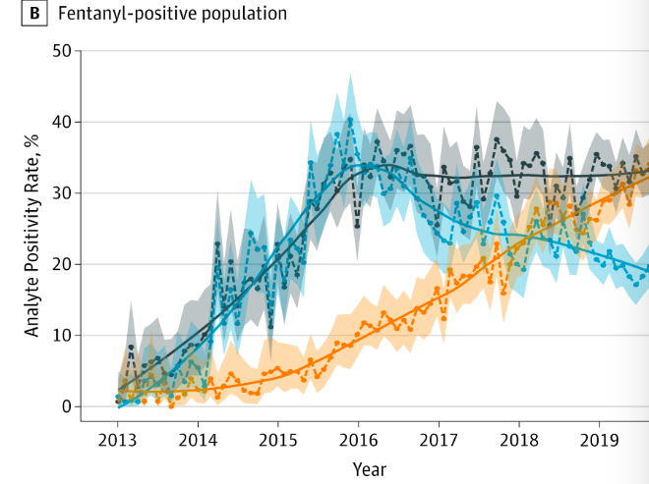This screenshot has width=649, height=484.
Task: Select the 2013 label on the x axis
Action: click(118, 439)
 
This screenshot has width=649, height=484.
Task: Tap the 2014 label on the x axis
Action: click(198, 439)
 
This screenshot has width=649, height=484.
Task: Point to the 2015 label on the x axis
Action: click(278, 439)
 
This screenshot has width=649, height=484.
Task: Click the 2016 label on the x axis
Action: click(358, 439)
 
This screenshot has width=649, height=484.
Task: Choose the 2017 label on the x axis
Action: click(439, 439)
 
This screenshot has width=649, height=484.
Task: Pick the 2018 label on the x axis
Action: click(519, 439)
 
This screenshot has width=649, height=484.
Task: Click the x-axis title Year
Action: click(370, 468)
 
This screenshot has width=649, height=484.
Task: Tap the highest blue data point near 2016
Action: click(350, 121)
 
